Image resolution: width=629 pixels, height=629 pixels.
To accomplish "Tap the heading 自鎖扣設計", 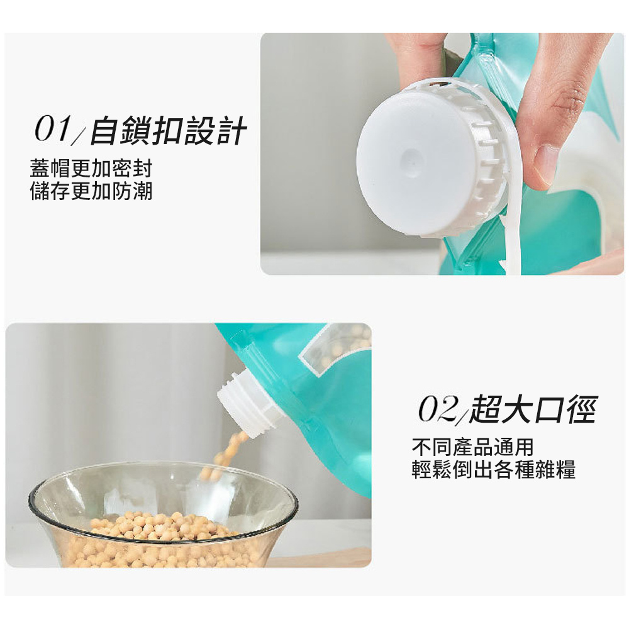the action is coord(168,130).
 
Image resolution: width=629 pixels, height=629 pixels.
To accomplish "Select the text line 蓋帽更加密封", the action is coord(91,169).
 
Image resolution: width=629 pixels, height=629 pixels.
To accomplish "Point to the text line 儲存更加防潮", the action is coord(91,191).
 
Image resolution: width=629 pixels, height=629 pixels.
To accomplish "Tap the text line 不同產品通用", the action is coord(473,447).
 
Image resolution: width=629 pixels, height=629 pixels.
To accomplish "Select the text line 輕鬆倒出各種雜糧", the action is coord(493,469).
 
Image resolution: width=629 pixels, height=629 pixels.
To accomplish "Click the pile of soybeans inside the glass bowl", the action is coord(160,538).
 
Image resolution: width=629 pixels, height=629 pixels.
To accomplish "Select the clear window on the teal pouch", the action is coord(335,348).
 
